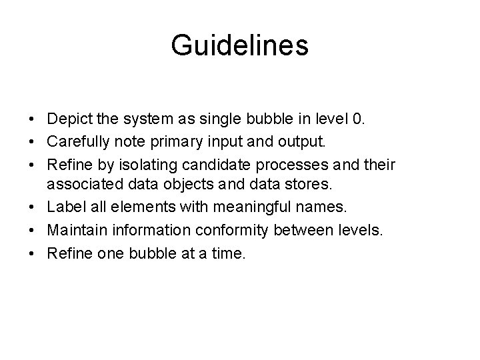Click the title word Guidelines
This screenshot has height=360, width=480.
point(239,46)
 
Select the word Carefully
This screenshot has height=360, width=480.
point(77,142)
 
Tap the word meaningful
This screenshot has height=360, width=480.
point(260,207)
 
